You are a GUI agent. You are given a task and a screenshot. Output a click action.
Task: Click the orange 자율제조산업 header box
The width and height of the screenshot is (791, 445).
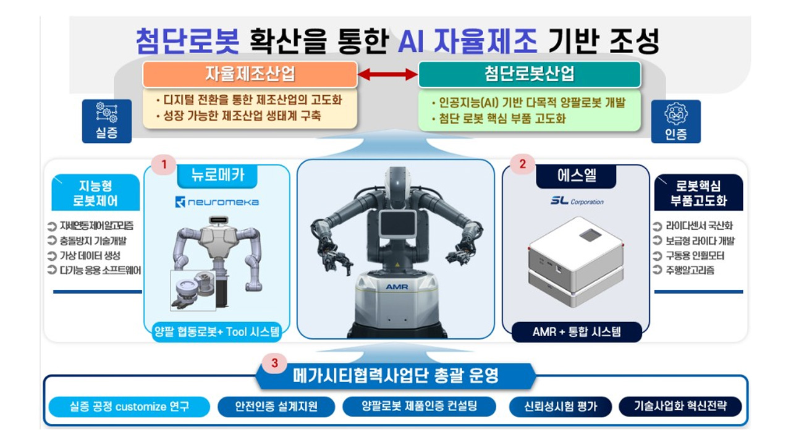[250, 74]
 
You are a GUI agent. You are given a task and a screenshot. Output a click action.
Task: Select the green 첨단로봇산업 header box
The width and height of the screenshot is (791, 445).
[530, 74]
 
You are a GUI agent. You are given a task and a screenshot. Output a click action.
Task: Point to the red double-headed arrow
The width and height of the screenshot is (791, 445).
[388, 74]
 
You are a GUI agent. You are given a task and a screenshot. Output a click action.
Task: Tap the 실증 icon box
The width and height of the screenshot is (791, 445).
[107, 121]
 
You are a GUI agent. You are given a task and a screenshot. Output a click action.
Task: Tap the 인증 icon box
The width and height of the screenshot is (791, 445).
[676, 121]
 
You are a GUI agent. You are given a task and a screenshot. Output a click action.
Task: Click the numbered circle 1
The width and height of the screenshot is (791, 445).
[164, 164]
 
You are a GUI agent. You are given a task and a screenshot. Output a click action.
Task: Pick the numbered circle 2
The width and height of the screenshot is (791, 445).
[523, 164]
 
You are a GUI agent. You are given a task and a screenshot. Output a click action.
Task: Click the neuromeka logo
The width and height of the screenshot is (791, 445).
[217, 201]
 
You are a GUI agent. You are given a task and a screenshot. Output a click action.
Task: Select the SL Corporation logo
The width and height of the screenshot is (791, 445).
[576, 201]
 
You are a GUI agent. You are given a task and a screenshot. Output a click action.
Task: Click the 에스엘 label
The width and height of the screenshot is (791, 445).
[576, 176]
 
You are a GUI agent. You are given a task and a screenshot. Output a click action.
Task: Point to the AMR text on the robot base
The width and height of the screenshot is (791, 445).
[396, 287]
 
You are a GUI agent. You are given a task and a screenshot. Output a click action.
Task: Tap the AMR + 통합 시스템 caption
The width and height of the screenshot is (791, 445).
[577, 332]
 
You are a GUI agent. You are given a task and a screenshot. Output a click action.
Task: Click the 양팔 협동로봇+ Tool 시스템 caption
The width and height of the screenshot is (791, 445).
[217, 332]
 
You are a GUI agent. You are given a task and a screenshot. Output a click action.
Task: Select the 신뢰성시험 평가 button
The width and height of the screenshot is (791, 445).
[560, 407]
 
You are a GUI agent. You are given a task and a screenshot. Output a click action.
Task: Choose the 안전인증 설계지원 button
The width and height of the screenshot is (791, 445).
[276, 407]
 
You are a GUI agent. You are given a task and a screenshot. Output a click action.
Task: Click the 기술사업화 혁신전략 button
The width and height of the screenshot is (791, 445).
[680, 407]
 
